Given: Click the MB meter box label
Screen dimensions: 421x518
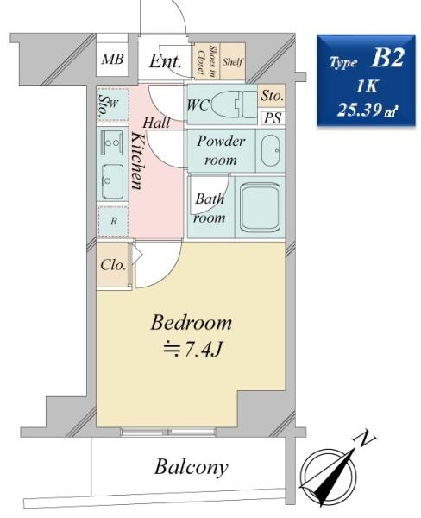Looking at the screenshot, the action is [x=112, y=59].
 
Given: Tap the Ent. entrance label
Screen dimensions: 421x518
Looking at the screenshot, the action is [x=165, y=60].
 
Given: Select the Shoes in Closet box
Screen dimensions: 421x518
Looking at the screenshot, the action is [x=206, y=61].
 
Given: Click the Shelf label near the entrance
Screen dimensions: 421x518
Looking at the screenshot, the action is [x=232, y=62].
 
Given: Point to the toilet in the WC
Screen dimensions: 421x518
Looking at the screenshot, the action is [x=234, y=104].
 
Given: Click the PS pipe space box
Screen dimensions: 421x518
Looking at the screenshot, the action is [x=273, y=118].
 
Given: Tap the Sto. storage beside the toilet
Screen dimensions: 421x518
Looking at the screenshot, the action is [x=272, y=96].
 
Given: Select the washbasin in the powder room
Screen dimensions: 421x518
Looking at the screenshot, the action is [x=270, y=150].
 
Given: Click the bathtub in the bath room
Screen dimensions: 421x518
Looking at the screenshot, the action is [x=261, y=207].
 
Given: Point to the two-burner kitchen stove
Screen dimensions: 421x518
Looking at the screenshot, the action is [x=112, y=142].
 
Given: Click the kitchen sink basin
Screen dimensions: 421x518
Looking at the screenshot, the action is [x=112, y=181].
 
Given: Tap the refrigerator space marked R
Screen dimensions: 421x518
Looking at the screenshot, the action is [x=113, y=221].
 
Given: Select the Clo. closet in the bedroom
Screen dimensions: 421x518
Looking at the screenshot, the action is [x=113, y=265].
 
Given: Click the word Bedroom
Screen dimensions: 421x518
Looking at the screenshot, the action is [x=192, y=322].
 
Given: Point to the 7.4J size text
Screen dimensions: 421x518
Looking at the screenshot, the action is [x=192, y=350].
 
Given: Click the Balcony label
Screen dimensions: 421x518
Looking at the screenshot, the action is [x=192, y=467].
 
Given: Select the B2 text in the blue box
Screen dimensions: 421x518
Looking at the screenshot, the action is [x=387, y=58].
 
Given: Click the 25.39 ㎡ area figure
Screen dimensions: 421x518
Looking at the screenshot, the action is [x=367, y=110].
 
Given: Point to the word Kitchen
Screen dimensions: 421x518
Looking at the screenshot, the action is [x=137, y=161].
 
